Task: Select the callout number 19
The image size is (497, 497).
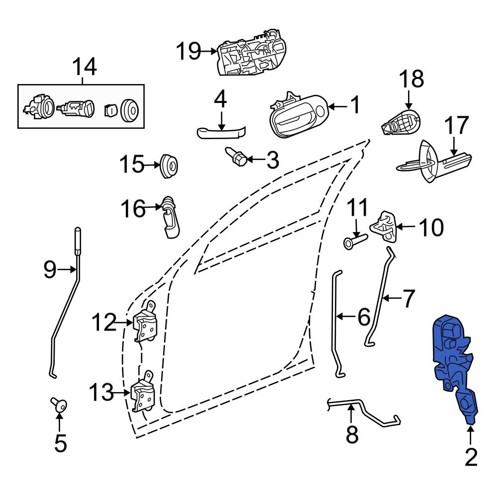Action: coord(189,51)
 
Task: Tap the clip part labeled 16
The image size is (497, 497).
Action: coord(170,216)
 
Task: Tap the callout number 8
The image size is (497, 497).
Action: coord(352,435)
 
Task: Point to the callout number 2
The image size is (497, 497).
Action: coord(470,457)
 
